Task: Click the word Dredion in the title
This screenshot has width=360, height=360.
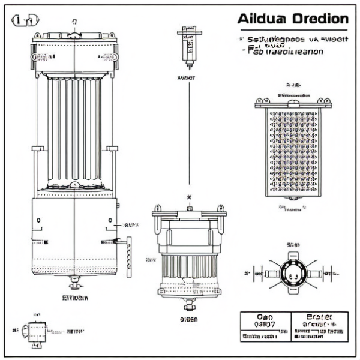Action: [319, 18]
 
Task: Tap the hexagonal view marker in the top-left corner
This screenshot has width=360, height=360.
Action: [23, 22]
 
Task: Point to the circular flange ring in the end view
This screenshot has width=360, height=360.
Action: [293, 273]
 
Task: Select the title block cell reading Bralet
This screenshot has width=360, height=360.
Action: [319, 318]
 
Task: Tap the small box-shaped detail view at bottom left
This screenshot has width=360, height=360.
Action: [37, 331]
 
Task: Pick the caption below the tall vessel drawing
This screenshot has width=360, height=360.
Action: [75, 298]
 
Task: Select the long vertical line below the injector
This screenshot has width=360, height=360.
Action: [189, 132]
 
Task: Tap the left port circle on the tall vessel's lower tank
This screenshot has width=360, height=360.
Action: [38, 220]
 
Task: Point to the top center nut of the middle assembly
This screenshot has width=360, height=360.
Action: [189, 208]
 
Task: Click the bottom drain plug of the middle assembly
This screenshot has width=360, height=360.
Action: [189, 304]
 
